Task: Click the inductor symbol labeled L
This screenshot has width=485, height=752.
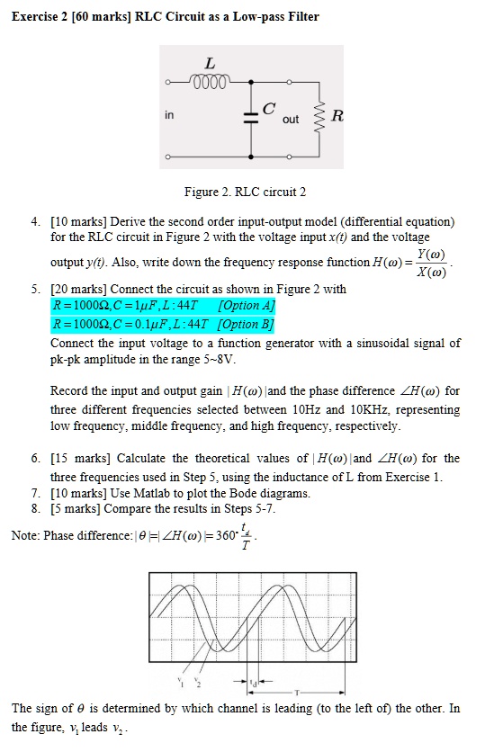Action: (x=210, y=80)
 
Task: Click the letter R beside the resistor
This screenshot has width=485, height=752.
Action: (x=337, y=115)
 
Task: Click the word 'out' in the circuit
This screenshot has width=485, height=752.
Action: (x=291, y=119)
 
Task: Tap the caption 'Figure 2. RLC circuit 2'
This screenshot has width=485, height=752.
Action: (x=245, y=192)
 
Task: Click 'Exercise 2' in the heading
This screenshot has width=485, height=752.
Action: (x=41, y=17)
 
